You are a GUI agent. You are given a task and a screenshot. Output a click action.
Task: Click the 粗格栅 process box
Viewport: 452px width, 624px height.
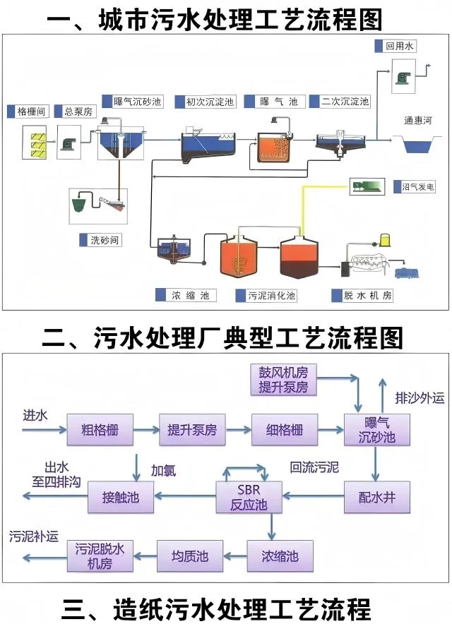100,431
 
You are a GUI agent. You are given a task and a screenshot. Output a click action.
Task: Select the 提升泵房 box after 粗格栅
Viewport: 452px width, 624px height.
191,431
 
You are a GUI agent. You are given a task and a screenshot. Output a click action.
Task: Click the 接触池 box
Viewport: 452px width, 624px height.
121,498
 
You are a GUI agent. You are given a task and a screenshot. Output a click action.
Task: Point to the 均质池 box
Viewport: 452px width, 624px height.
189,556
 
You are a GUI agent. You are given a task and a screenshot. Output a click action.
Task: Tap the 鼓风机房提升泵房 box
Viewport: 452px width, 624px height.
283,379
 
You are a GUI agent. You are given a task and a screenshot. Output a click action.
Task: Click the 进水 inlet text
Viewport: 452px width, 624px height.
35,415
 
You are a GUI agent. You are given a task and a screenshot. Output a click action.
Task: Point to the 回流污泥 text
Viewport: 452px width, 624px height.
314,467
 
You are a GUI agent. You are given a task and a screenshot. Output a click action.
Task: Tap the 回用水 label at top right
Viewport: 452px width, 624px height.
400,47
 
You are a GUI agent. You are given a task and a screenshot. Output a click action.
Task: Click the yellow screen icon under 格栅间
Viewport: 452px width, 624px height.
34,140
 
